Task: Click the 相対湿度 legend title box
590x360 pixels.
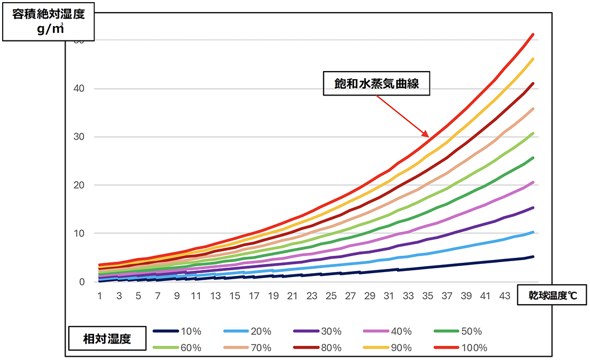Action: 107,338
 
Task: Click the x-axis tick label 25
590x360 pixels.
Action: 331,296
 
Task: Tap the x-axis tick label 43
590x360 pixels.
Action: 504,296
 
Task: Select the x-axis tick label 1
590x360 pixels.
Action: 101,296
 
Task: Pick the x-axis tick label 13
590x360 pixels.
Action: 215,296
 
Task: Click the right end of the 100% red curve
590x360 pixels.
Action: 533,34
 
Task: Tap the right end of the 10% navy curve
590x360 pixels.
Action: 533,256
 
